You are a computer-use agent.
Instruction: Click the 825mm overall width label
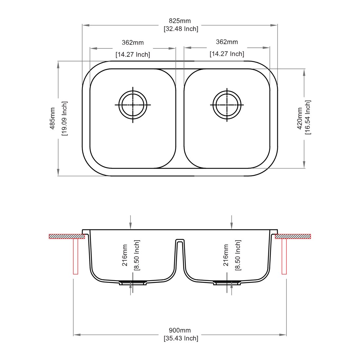tap(180, 21)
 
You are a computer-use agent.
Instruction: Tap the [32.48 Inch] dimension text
tap(181, 29)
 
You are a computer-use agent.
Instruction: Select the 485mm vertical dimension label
tap(53, 118)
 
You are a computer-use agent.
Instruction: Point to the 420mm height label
tap(299, 118)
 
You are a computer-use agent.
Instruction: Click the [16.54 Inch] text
tap(308, 117)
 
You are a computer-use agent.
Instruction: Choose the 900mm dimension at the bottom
tap(180, 331)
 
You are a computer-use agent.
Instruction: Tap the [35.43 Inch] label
tap(181, 338)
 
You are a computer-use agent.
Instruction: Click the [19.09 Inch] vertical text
tap(64, 118)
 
